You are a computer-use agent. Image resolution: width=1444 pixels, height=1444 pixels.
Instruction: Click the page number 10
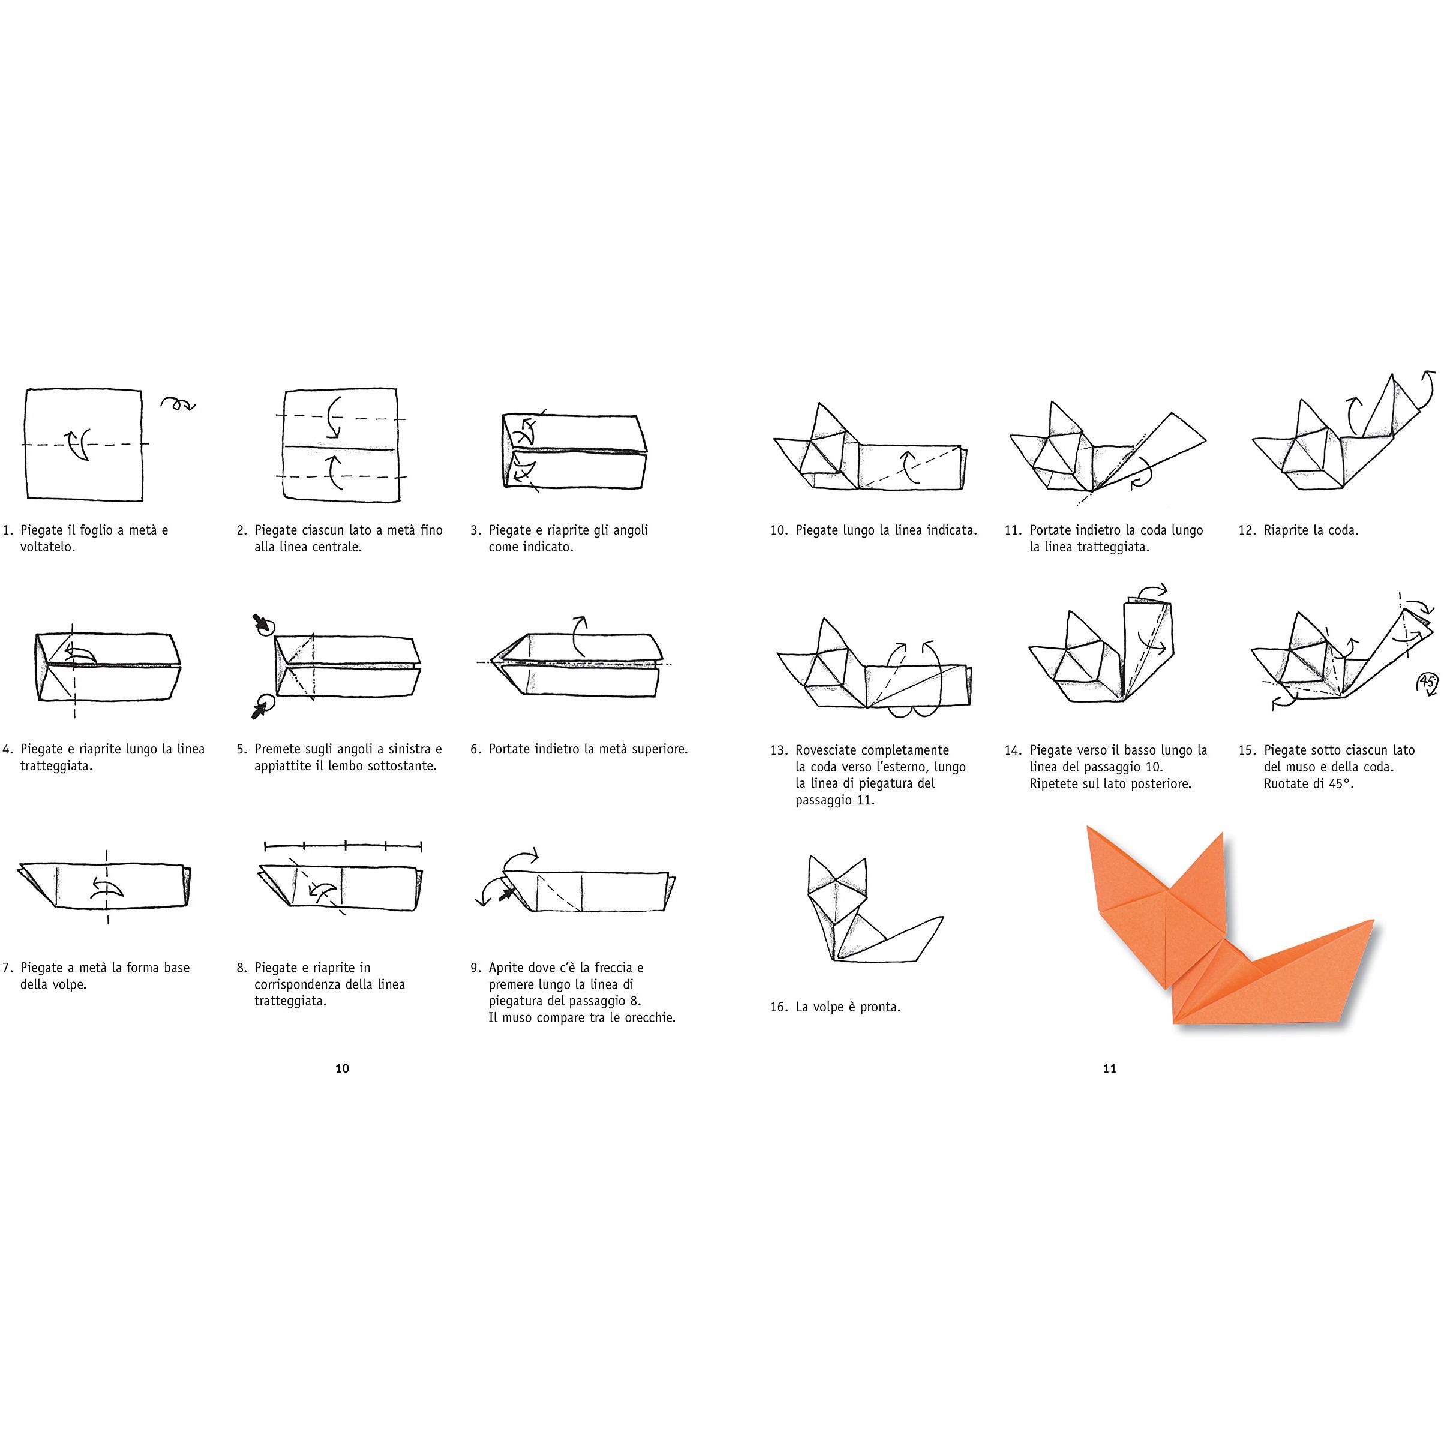341,1068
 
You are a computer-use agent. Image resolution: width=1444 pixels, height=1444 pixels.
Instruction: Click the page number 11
1109,1068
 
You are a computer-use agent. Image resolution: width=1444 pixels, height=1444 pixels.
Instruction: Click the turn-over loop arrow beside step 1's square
178,404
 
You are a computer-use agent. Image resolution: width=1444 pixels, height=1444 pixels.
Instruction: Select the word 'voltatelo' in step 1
46,547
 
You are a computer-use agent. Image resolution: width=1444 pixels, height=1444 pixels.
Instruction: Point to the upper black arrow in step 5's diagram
262,623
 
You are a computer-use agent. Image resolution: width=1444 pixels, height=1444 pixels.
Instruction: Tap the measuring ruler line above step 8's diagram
343,846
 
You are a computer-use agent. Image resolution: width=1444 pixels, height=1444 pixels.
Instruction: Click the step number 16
779,1007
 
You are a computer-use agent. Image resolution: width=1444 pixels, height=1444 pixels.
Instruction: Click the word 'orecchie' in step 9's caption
648,1018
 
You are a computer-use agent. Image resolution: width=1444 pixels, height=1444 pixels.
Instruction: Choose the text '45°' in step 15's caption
1343,784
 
